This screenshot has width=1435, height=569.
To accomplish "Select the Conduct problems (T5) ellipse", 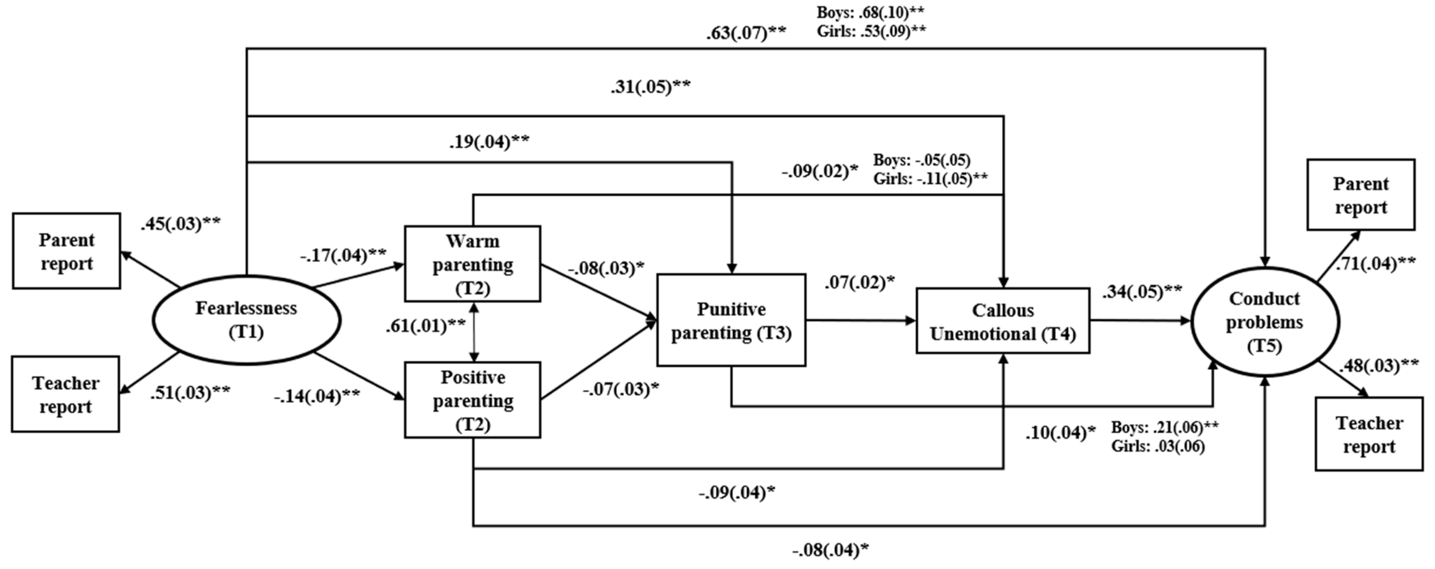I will click(x=1264, y=322).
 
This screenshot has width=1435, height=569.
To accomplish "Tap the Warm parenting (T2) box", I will click(x=472, y=264).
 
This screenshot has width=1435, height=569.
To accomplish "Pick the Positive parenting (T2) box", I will click(x=472, y=400).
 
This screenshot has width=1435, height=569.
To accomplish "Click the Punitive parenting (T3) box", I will click(x=731, y=320).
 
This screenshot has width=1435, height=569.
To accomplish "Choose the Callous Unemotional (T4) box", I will click(x=1003, y=321).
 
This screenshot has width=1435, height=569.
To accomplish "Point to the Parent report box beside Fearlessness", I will click(x=66, y=251).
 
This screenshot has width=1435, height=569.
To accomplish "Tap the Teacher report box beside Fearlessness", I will click(x=65, y=394).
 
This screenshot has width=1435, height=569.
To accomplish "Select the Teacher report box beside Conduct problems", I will click(x=1369, y=434).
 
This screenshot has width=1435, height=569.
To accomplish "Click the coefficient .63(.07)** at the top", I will click(x=746, y=33).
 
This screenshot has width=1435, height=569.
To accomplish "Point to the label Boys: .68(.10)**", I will click(x=870, y=12).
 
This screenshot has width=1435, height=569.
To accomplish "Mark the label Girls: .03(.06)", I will click(x=1158, y=446).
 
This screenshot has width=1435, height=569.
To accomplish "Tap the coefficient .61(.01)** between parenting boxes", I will click(x=425, y=326).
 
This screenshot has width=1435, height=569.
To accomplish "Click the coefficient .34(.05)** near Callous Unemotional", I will click(x=1142, y=291).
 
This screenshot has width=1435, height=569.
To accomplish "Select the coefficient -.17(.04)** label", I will click(x=343, y=256).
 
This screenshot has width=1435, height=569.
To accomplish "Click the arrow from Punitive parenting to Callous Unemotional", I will click(x=861, y=321).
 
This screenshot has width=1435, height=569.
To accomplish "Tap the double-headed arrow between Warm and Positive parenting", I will click(x=474, y=332).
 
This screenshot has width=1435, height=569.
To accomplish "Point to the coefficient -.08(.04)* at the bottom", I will click(x=830, y=550).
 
